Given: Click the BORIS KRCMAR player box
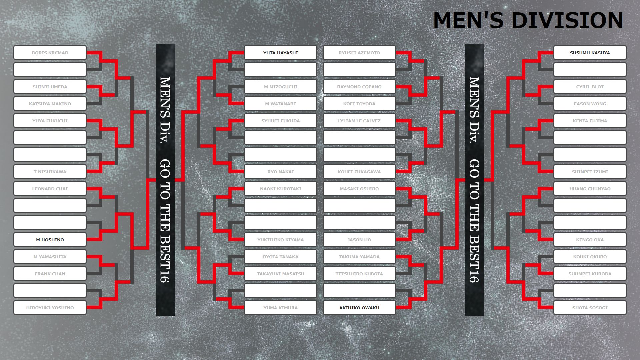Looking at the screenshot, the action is [50, 53].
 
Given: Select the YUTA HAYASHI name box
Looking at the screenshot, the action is [281, 53].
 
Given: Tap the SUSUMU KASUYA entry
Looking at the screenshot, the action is [590, 53].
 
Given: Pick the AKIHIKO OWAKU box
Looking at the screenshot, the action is [359, 308].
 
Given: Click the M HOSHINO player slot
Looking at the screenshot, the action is [50, 240].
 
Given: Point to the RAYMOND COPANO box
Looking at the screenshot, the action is [359, 87].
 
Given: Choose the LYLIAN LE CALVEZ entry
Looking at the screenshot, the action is [359, 121].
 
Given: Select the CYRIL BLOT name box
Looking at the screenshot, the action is [590, 87].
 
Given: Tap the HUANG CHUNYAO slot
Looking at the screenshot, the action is [590, 189].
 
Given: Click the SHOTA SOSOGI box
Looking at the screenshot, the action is [590, 308].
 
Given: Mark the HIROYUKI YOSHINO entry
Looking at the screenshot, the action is [50, 308].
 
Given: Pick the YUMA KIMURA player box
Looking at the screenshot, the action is [281, 308].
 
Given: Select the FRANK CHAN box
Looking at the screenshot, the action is [50, 274].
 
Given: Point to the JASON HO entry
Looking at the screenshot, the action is [359, 240].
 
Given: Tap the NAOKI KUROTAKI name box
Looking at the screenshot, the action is [281, 189].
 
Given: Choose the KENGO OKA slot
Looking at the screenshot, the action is [590, 240].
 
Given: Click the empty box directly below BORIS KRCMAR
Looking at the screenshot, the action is [50, 70].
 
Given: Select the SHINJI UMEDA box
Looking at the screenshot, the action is [50, 87].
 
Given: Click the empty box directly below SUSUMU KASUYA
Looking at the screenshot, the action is [590, 70].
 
